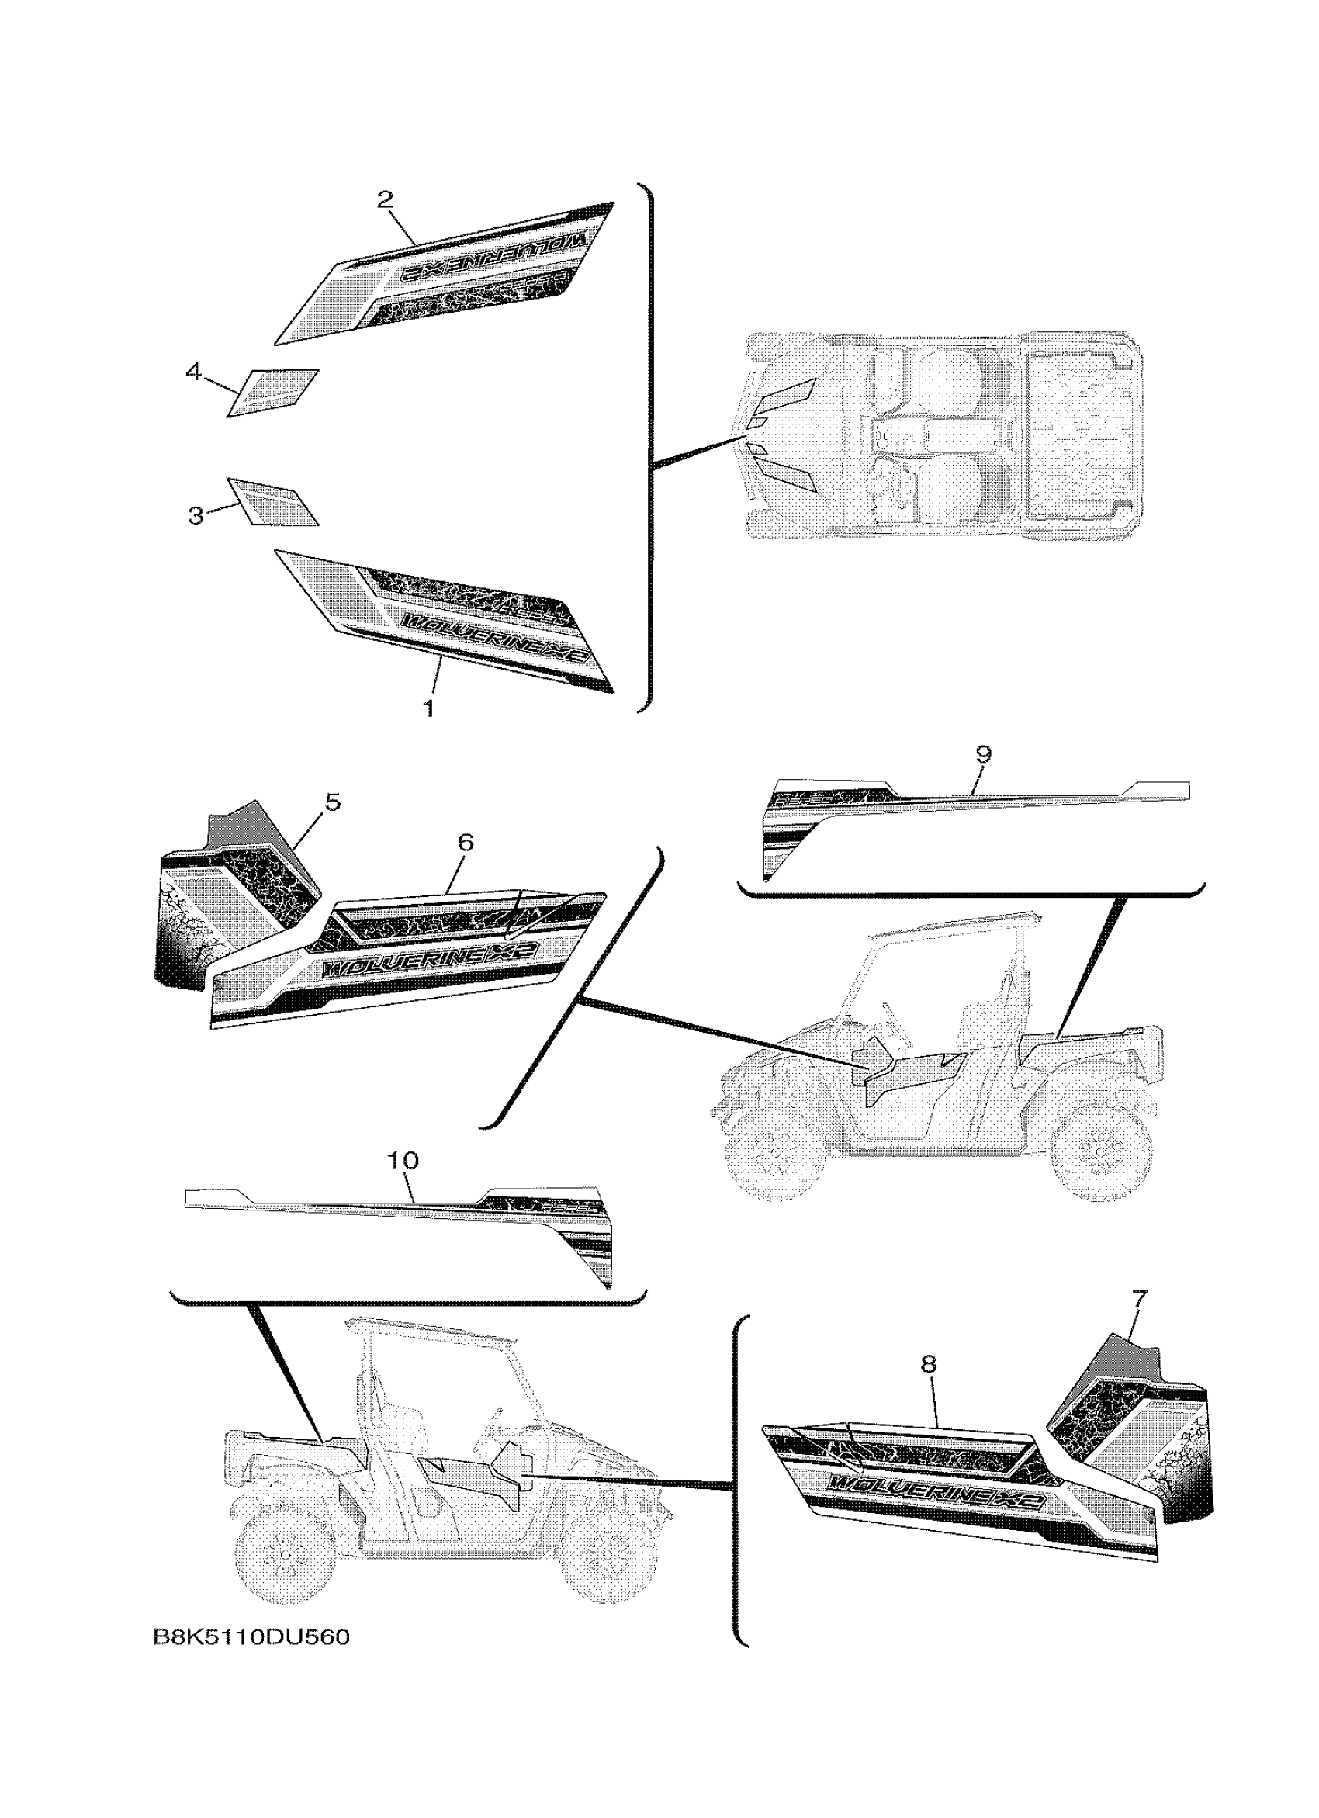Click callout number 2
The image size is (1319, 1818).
386,199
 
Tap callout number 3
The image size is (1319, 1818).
196,515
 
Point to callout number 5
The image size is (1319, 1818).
332,801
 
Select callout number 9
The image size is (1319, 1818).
984,754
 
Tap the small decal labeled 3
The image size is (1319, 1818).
273,502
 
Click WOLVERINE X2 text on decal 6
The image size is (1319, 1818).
429,962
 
